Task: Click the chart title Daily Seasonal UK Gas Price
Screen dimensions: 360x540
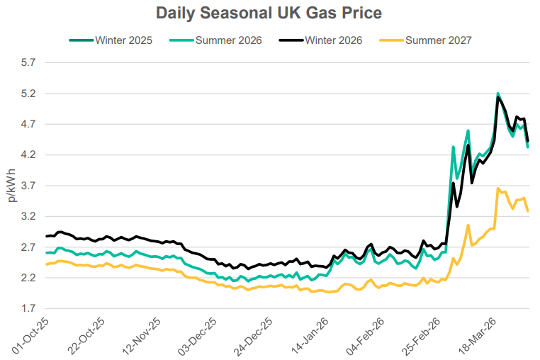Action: [269, 13]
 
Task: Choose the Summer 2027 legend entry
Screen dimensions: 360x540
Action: [439, 40]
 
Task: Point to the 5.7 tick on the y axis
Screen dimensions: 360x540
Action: [28, 63]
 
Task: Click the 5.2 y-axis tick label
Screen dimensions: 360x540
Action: [28, 94]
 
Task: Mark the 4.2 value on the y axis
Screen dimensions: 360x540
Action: [28, 155]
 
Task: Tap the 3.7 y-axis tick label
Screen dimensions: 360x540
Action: [28, 186]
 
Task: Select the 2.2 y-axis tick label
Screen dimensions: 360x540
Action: [28, 278]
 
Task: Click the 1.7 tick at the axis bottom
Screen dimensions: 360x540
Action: [28, 309]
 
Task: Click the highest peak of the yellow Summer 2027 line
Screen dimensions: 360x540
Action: [498, 189]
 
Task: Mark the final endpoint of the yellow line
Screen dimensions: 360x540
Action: [528, 210]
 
